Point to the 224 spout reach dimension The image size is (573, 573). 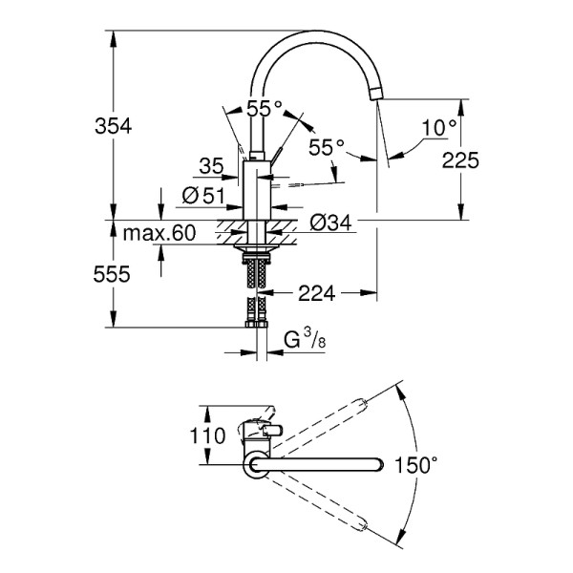click(x=314, y=293)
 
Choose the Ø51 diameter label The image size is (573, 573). click(x=202, y=196)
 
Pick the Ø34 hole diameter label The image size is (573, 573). click(x=331, y=223)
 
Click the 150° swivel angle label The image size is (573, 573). click(x=418, y=465)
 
